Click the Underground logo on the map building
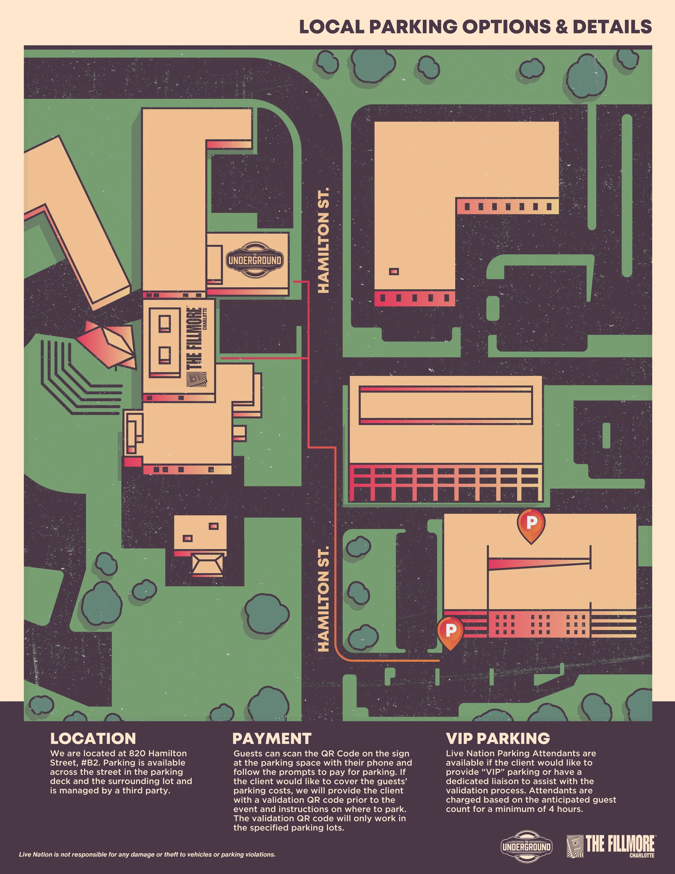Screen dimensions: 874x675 click(255, 260)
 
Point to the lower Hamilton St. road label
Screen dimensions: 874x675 click(323, 598)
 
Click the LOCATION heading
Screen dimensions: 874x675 click(93, 738)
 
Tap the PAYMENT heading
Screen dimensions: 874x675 click(272, 738)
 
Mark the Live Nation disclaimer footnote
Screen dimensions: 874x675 click(147, 855)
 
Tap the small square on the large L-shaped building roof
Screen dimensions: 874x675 click(394, 271)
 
